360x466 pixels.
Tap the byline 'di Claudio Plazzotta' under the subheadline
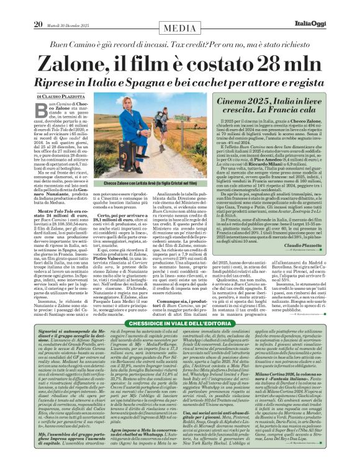pos(61,97)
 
